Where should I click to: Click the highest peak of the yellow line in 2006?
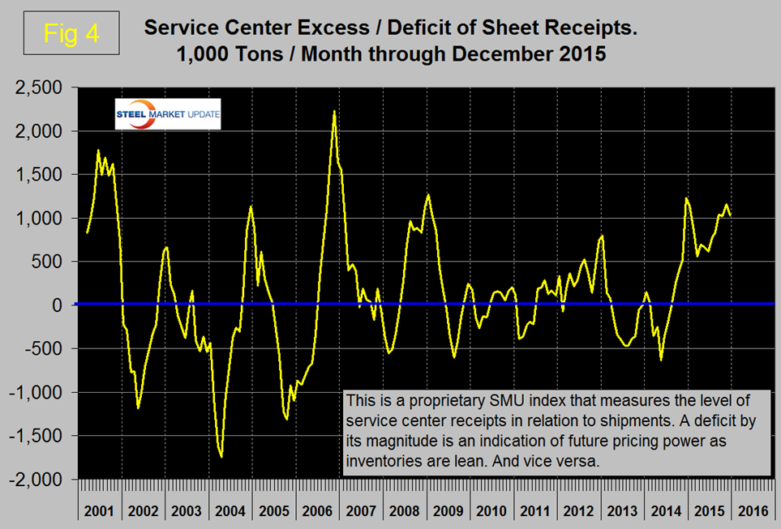pos(334,111)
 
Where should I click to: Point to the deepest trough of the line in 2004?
pos(221,457)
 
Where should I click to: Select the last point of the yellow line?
pos(731,215)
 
